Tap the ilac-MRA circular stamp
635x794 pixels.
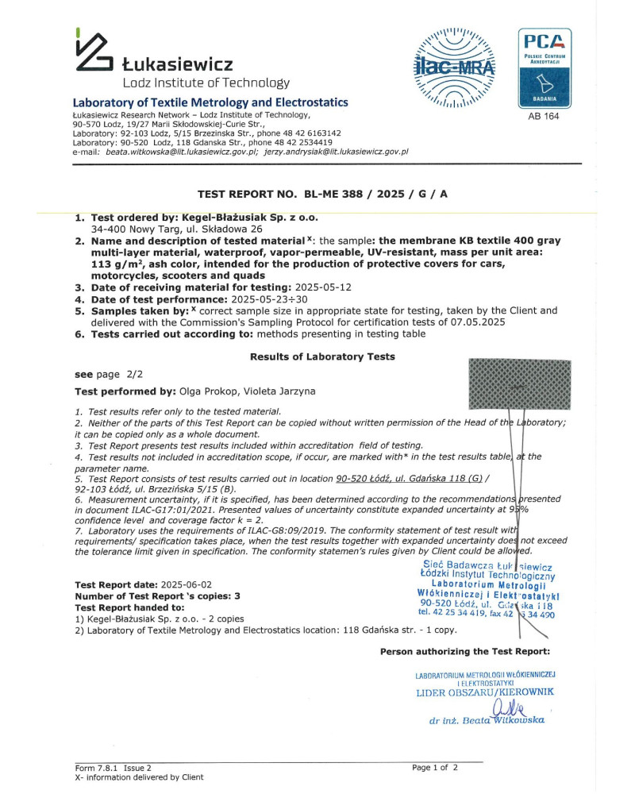(453, 68)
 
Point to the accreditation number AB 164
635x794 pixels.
(544, 117)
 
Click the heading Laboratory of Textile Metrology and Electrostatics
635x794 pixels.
(210, 102)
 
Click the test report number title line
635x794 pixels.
(321, 194)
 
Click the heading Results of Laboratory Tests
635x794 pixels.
(321, 357)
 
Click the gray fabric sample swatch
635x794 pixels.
(520, 384)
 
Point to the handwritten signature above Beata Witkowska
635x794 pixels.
(507, 707)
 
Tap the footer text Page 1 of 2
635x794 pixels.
(435, 768)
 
